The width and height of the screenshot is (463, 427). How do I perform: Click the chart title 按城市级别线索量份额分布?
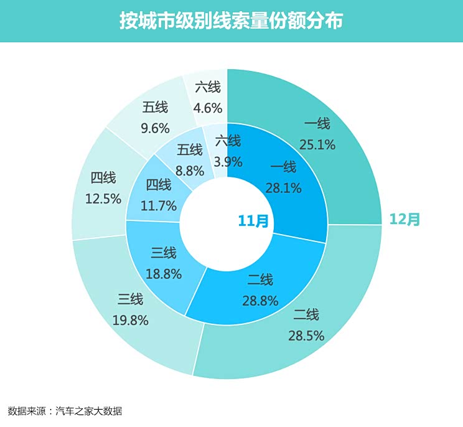(231, 21)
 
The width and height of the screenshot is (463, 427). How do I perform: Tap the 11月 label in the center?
(253, 220)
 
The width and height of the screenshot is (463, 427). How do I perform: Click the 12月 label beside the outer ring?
(405, 219)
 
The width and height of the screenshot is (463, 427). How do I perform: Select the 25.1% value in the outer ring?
(317, 145)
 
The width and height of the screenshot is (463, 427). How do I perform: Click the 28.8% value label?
(260, 301)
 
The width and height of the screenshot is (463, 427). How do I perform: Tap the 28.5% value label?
(306, 336)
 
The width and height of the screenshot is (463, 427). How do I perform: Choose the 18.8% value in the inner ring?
(164, 274)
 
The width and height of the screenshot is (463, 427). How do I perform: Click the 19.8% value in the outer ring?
(130, 321)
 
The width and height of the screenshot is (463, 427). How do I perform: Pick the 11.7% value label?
(159, 205)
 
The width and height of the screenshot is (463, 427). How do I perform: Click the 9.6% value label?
(155, 128)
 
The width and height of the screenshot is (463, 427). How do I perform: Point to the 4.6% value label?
(208, 108)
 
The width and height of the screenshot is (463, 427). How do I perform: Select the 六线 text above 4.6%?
(208, 87)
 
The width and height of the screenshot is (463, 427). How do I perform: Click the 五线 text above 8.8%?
(190, 150)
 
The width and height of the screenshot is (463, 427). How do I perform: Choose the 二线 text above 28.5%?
(306, 315)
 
